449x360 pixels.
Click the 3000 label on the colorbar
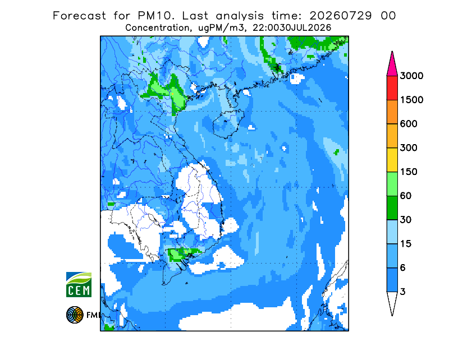(x=411, y=76)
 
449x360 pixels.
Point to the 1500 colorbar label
(x=411, y=100)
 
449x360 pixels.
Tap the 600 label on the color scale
(x=409, y=124)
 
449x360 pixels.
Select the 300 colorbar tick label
(x=409, y=148)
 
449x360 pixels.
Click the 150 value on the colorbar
(x=409, y=172)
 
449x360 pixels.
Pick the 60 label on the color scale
(x=406, y=196)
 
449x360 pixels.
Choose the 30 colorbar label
(x=406, y=220)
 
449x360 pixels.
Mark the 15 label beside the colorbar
(x=406, y=244)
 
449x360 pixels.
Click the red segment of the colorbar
(x=392, y=88)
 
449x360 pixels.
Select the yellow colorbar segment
(x=392, y=160)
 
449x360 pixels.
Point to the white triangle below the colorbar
(x=392, y=302)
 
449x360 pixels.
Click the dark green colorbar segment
(x=392, y=208)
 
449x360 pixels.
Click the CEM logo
(x=79, y=284)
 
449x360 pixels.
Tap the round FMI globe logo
(x=75, y=315)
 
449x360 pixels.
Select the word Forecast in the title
(x=79, y=16)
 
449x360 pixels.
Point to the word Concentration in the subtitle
(x=157, y=28)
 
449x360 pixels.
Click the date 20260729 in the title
(x=341, y=16)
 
